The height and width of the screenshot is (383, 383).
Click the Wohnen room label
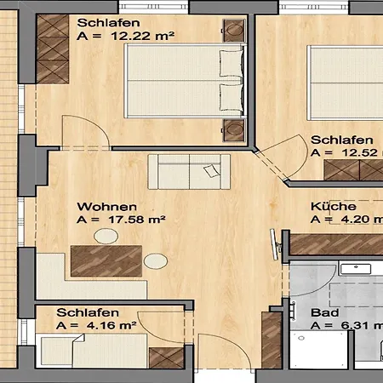click(x=106, y=207)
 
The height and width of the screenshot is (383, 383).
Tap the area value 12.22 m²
click(x=142, y=36)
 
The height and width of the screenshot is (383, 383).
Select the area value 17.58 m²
click(x=136, y=220)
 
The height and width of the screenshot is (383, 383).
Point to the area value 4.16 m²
click(x=111, y=325)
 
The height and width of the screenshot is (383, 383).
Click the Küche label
click(x=334, y=206)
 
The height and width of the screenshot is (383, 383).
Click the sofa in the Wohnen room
click(x=189, y=172)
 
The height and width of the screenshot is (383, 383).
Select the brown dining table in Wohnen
click(x=106, y=261)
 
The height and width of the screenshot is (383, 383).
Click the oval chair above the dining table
click(x=106, y=236)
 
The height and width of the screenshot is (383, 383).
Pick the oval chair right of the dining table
click(x=156, y=261)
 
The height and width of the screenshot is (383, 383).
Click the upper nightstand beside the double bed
click(x=234, y=31)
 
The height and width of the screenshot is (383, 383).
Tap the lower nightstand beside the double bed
click(x=234, y=130)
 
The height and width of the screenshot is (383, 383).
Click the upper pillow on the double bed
click(x=232, y=63)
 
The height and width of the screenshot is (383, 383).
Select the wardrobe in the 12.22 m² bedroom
click(x=53, y=49)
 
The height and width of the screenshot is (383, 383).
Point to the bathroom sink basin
click(x=356, y=269)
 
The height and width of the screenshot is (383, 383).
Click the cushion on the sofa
click(x=212, y=171)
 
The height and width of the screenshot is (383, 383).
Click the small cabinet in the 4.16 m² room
click(x=167, y=358)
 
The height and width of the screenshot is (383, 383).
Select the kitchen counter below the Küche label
click(x=336, y=244)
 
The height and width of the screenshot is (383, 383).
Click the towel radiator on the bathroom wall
click(x=293, y=311)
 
